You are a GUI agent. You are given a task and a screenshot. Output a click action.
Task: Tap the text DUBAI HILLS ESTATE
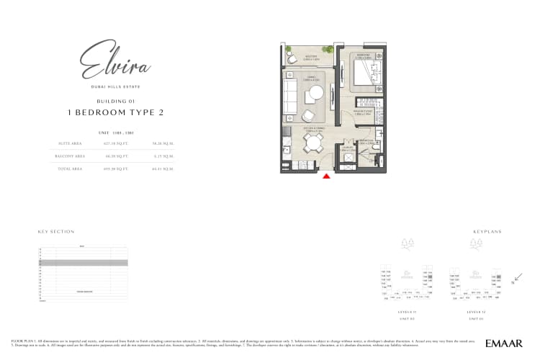click(115, 88)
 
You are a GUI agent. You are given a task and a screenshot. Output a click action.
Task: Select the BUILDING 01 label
click(115, 102)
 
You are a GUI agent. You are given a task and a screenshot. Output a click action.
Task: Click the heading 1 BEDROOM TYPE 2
click(116, 112)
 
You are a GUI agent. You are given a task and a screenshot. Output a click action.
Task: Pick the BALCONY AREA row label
click(71, 155)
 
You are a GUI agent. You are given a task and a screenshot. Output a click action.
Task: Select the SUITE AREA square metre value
click(161, 143)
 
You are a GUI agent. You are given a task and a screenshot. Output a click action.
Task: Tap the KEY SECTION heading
click(56, 232)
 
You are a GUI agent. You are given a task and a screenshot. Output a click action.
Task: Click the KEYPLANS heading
click(487, 232)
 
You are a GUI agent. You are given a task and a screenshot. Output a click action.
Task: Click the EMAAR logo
click(503, 343)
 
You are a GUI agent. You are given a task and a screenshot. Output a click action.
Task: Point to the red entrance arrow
click(326, 176)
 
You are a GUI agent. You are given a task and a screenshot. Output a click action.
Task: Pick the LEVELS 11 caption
click(408, 312)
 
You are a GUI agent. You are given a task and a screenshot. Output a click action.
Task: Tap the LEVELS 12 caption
click(477, 312)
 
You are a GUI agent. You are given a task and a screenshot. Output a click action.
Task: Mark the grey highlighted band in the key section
click(83, 264)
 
